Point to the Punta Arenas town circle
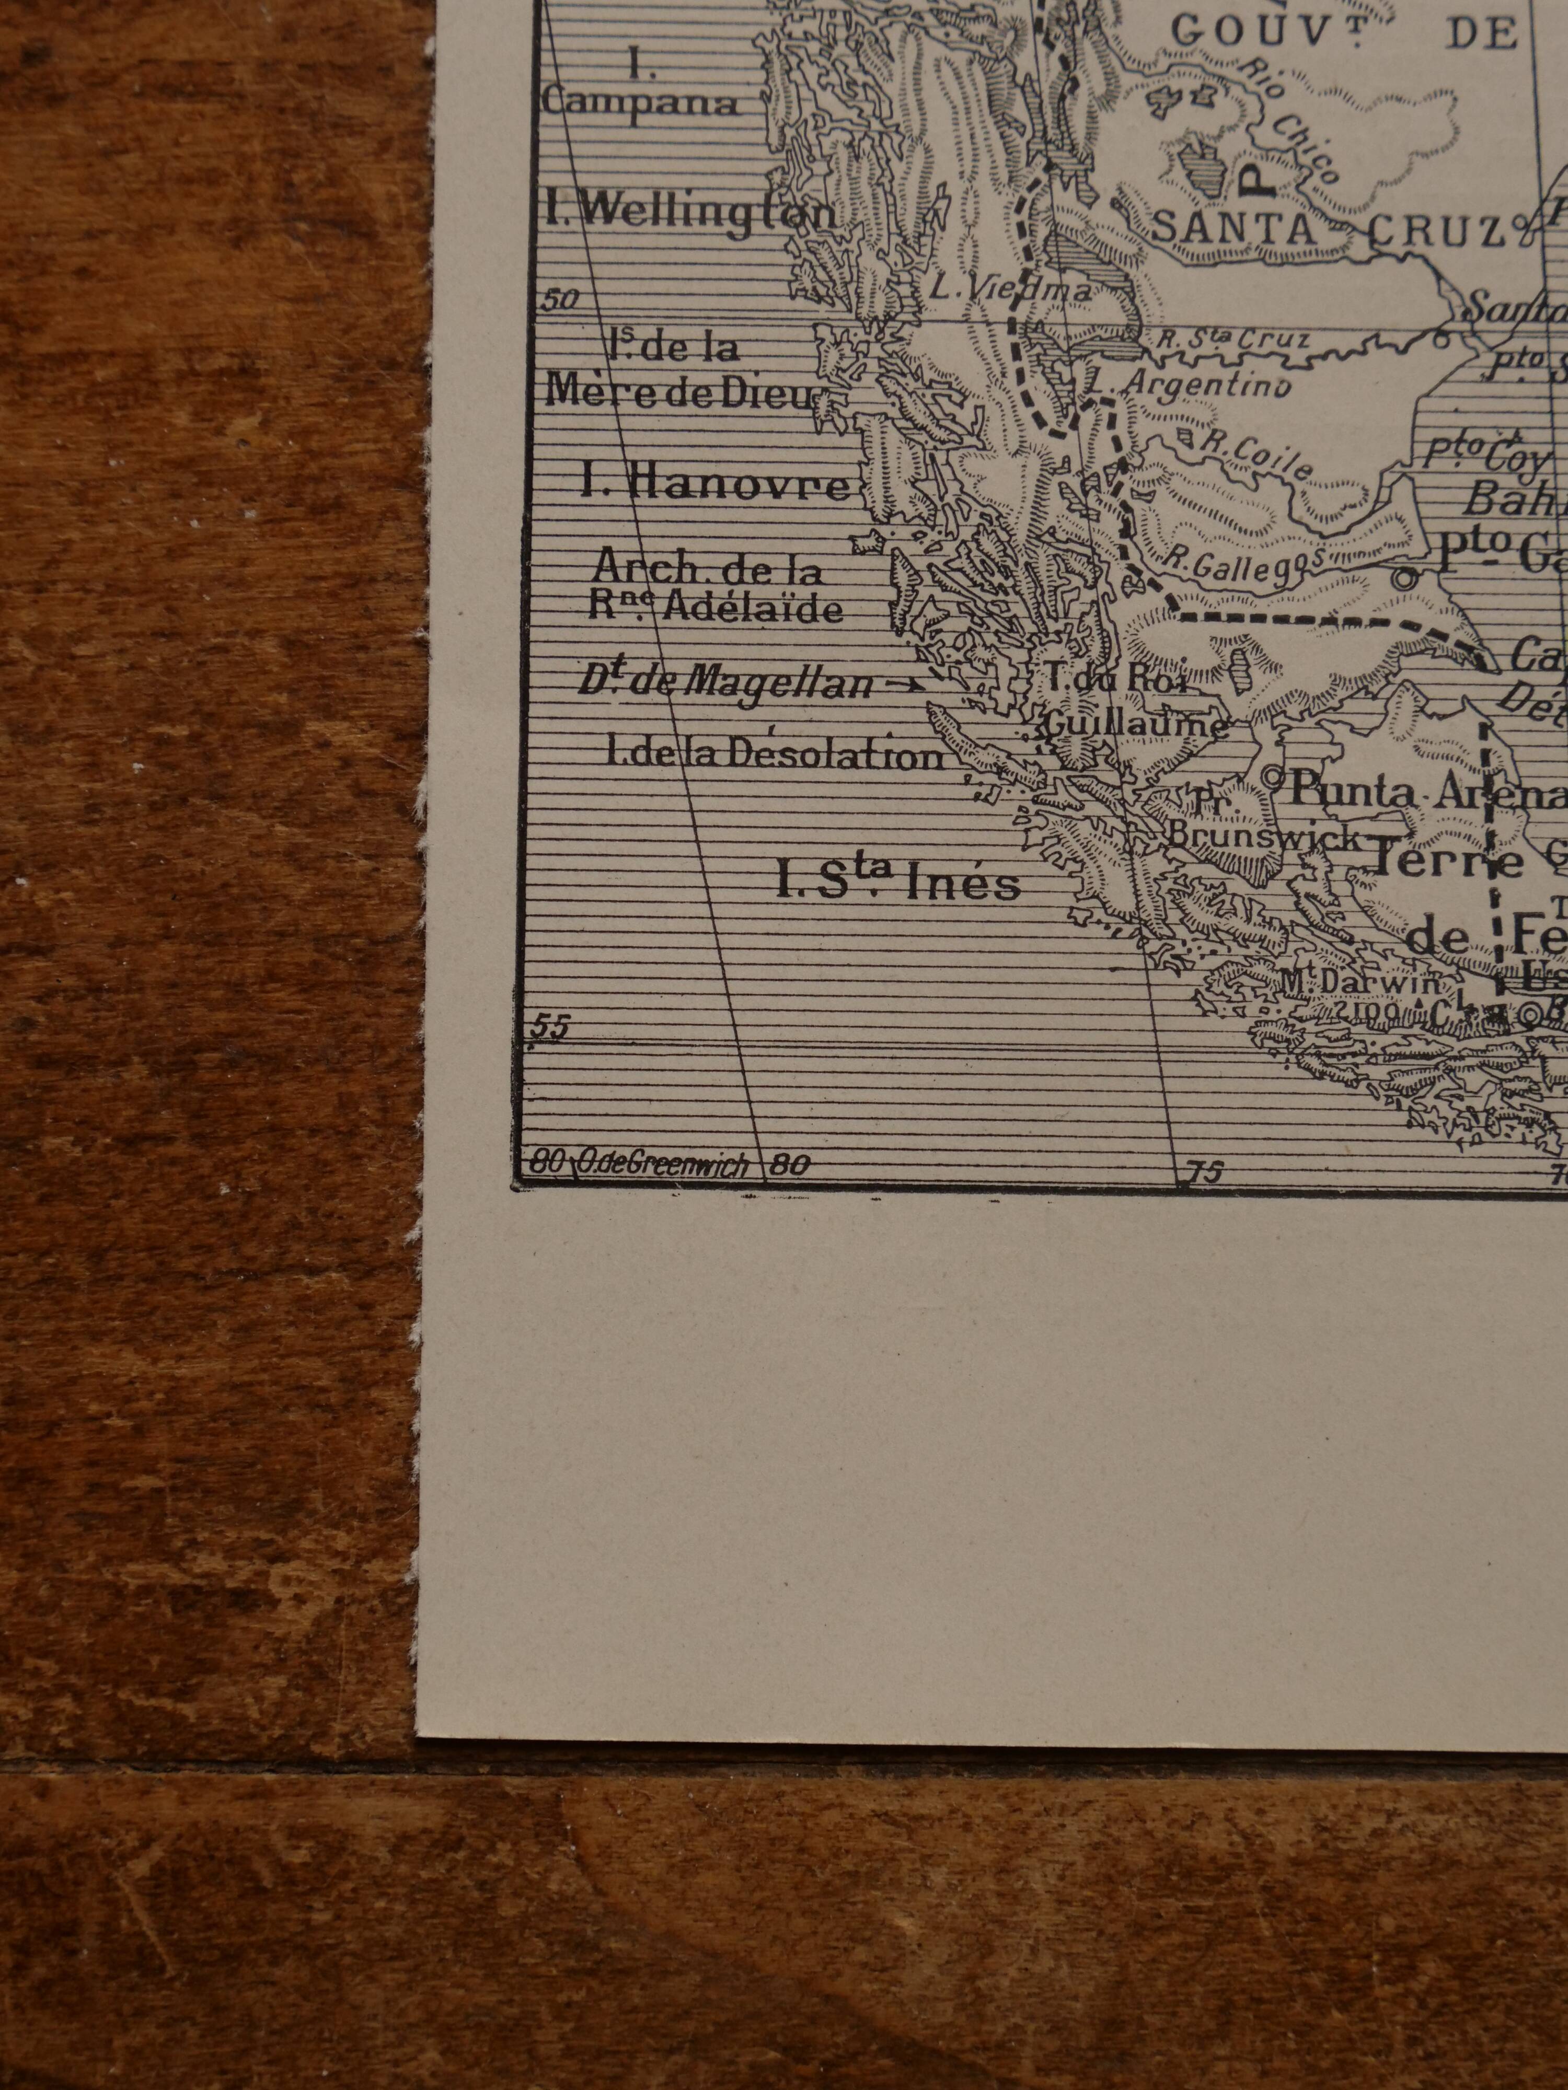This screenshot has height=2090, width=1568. point(1272,777)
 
